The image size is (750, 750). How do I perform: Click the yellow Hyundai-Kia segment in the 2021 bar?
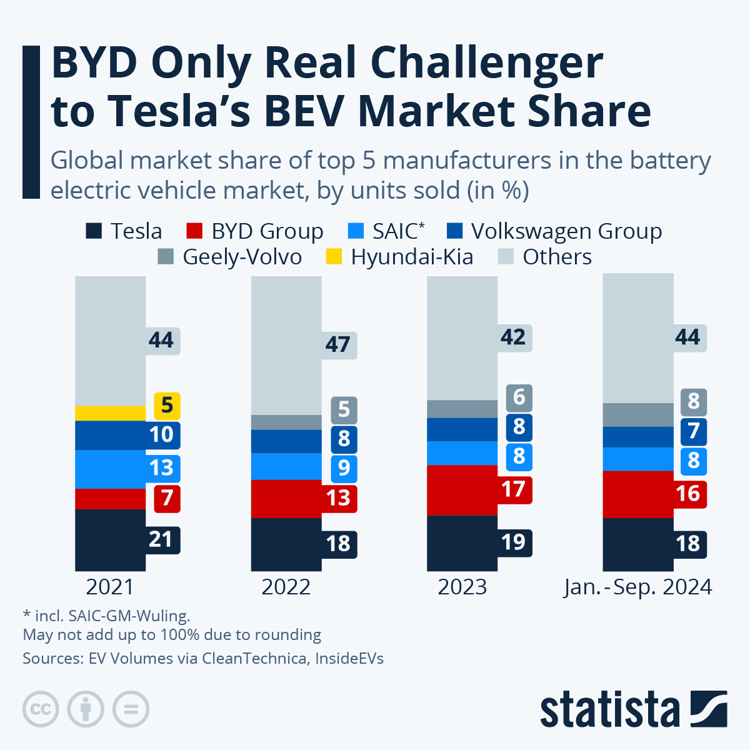[x=110, y=413]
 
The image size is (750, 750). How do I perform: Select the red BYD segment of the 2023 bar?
[x=462, y=490]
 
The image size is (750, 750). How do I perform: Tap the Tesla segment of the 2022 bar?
[x=286, y=544]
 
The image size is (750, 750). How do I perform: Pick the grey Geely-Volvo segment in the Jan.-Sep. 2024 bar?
[x=637, y=415]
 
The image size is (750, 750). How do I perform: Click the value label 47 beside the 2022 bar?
[x=338, y=344]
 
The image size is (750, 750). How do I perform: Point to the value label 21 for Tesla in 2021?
[x=161, y=539]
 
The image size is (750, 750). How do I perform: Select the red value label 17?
[x=514, y=489]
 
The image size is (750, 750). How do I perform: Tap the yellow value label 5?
[x=167, y=406]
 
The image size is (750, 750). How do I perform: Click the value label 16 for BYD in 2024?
[x=688, y=494]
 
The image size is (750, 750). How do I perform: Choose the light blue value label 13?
[x=161, y=468]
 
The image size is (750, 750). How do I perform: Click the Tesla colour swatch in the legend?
[x=94, y=231]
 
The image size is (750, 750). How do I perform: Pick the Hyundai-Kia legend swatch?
[x=334, y=257]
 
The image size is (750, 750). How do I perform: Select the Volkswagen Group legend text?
[x=566, y=231]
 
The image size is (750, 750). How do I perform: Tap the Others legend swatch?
[x=506, y=257]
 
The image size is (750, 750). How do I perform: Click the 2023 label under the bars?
[x=462, y=587]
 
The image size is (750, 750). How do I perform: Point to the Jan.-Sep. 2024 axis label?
[x=637, y=587]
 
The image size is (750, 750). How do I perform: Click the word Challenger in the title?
[x=487, y=63]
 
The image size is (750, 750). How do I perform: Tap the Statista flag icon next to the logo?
[x=709, y=709]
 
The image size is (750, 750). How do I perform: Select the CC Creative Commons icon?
[x=41, y=709]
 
